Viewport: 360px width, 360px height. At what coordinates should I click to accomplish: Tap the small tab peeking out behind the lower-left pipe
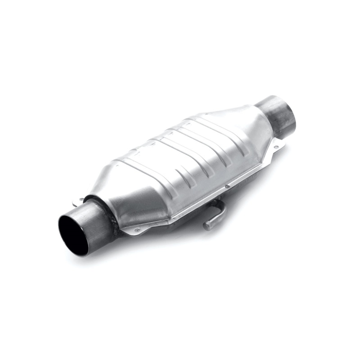77,203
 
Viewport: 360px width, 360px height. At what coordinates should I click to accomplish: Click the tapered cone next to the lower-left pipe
126,198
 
